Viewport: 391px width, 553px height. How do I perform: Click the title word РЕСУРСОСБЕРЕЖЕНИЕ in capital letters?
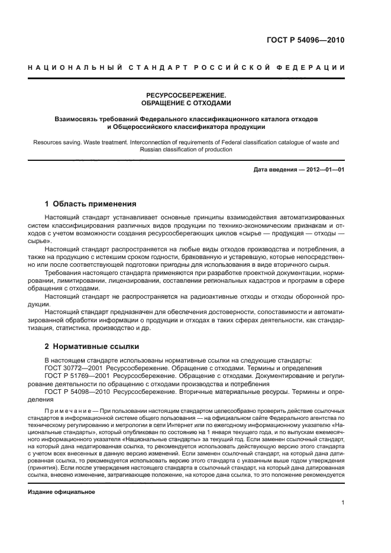coord(186,95)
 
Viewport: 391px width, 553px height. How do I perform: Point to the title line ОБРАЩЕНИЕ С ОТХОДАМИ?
coord(186,103)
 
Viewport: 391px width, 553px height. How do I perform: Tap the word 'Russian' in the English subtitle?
coord(151,150)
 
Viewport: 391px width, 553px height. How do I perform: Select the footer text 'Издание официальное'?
coord(62,491)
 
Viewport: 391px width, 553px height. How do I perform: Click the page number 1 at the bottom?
coord(342,503)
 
